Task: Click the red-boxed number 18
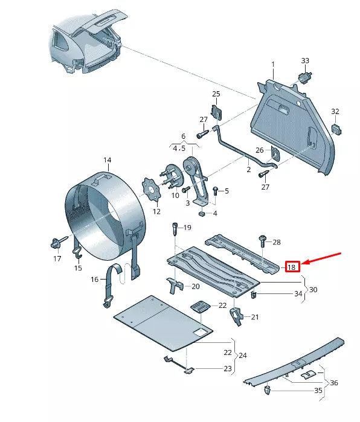pos(292,267)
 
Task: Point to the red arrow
pos(323,258)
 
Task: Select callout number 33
pos(305,61)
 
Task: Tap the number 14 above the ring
pos(107,160)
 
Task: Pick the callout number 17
pos(57,259)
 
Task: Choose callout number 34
pos(298,294)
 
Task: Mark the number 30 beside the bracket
pos(313,290)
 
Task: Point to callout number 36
pos(333,383)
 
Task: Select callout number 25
pos(216,94)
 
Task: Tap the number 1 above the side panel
pos(272,64)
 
